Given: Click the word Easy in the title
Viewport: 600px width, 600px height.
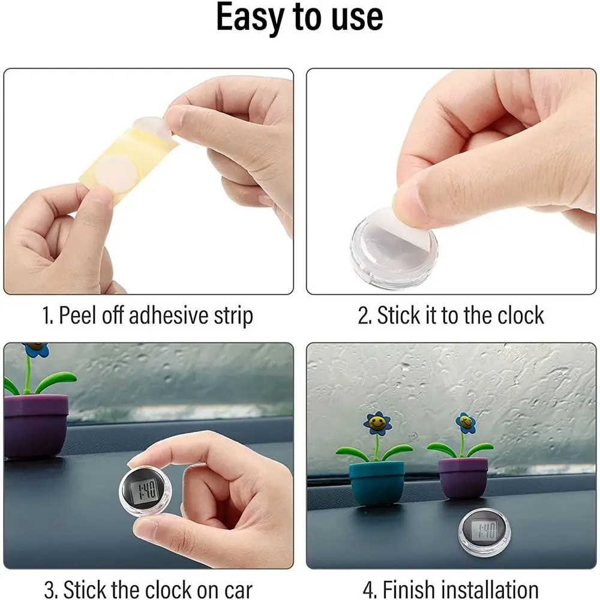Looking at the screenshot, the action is click(x=251, y=17).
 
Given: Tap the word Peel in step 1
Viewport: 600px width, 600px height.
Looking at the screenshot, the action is click(x=78, y=316).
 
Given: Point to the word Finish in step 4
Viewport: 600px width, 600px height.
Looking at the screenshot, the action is click(x=408, y=589).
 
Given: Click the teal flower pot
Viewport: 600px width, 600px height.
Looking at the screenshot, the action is click(x=377, y=483).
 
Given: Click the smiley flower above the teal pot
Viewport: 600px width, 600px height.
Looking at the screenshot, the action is click(x=377, y=423).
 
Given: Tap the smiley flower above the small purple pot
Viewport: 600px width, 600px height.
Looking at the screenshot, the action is click(x=466, y=423).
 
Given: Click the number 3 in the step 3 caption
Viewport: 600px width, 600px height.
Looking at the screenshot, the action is click(x=49, y=590).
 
